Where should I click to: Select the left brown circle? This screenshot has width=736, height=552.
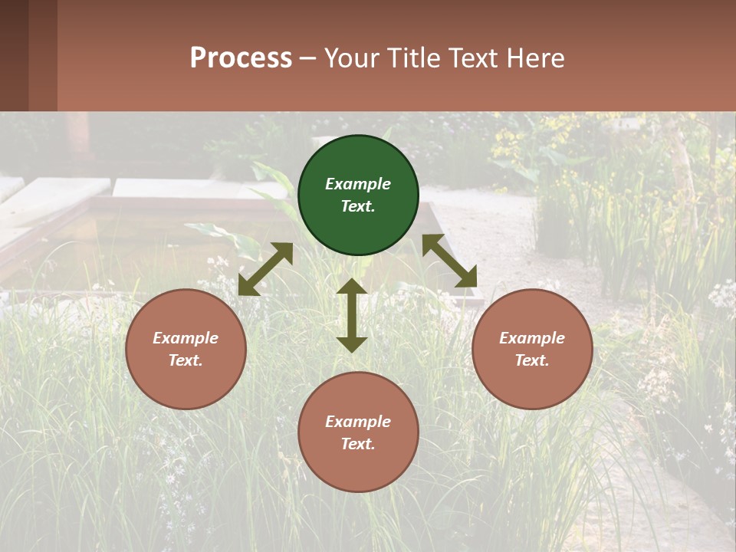pyautogui.click(x=186, y=349)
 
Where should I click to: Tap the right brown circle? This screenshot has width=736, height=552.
pyautogui.click(x=532, y=349)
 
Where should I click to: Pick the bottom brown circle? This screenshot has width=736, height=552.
pyautogui.click(x=358, y=432)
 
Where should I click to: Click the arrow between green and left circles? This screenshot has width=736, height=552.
pyautogui.click(x=265, y=269)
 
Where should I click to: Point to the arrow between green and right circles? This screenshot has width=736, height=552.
pyautogui.click(x=449, y=261)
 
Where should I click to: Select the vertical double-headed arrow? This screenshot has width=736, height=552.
pyautogui.click(x=352, y=315)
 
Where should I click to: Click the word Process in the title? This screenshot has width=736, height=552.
pyautogui.click(x=241, y=58)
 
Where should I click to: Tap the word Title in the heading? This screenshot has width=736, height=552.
pyautogui.click(x=415, y=58)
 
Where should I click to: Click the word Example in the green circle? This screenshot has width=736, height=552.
pyautogui.click(x=358, y=184)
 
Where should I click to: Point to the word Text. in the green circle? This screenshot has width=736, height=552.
pyautogui.click(x=358, y=206)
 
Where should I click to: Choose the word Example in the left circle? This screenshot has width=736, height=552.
pyautogui.click(x=186, y=338)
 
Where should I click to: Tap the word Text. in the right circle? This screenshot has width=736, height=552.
pyautogui.click(x=532, y=360)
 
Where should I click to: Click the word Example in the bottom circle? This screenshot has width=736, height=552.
pyautogui.click(x=358, y=422)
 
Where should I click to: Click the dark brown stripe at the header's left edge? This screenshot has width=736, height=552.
pyautogui.click(x=14, y=55)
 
